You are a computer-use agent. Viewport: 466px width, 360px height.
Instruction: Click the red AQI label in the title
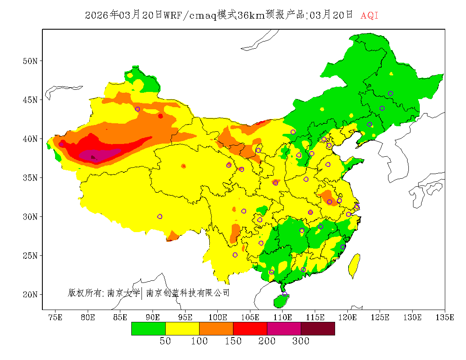tap(369, 16)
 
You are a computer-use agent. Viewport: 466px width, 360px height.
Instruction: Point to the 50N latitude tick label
tap(30, 61)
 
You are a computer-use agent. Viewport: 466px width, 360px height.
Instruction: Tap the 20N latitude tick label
tap(30, 294)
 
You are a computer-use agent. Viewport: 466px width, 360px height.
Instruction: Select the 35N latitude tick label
tap(30, 178)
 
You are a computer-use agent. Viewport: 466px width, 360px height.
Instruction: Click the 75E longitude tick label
tap(55, 317)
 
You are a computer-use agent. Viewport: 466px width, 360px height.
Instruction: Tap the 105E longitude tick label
tap(250, 317)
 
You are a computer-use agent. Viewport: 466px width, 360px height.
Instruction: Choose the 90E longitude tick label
tap(153, 317)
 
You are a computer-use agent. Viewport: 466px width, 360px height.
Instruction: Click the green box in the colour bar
tap(148, 329)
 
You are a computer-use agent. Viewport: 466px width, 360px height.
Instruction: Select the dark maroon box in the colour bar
tap(318, 329)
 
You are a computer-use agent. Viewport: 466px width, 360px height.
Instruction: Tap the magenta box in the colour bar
tap(284, 329)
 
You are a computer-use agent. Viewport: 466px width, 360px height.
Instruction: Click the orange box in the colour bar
tap(216, 329)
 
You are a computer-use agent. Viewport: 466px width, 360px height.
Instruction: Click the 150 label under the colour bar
tap(233, 341)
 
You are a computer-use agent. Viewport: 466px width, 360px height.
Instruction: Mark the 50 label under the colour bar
tap(165, 341)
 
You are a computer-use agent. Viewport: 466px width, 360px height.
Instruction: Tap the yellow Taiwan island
tap(354, 266)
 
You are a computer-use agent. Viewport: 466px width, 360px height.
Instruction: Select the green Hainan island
tap(280, 301)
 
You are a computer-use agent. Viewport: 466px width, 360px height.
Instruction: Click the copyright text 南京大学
tap(123, 293)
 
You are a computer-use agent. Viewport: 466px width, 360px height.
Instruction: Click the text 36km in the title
tap(251, 16)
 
